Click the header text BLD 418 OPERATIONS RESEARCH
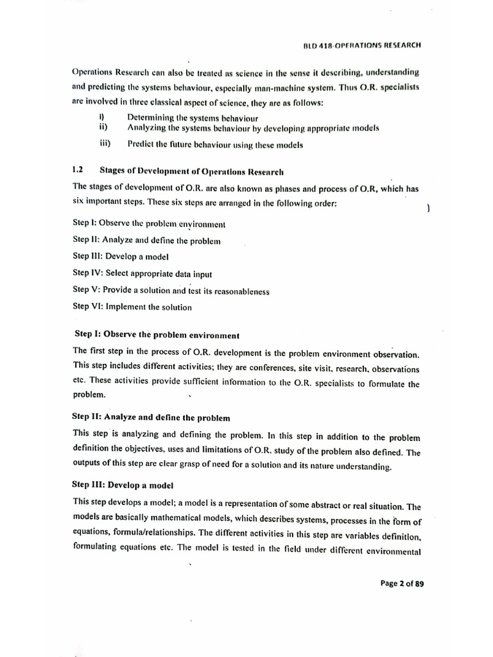(x=371, y=46)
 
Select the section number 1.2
(x=78, y=171)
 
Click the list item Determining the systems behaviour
(x=193, y=118)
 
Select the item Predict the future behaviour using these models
(x=215, y=144)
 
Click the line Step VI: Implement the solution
(x=132, y=307)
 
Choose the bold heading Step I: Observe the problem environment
(x=157, y=335)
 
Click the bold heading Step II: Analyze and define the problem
(x=151, y=417)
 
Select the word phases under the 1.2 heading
(x=284, y=188)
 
